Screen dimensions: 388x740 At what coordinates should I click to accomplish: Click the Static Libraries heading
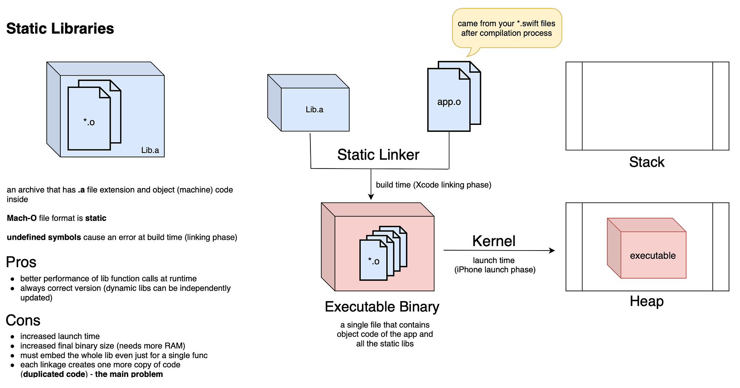[60, 29]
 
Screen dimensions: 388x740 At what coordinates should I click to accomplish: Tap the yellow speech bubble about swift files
[506, 28]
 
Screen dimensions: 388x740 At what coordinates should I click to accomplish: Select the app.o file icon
[449, 101]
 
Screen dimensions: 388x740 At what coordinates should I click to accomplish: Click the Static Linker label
[378, 155]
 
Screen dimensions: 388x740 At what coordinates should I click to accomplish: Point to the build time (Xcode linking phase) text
[433, 185]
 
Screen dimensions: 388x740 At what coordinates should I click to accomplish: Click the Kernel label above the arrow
[494, 241]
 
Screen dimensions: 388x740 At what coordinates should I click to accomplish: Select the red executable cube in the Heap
[647, 248]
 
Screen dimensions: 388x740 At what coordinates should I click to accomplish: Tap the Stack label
[647, 162]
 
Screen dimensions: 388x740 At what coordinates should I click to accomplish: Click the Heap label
[646, 302]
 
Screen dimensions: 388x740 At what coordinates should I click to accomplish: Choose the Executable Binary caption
[382, 307]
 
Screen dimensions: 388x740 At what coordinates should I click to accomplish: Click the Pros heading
[21, 262]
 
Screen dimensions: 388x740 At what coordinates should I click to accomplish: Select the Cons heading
[23, 320]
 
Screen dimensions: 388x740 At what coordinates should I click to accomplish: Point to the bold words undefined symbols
[44, 237]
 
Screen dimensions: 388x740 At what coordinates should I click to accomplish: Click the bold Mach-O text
[21, 218]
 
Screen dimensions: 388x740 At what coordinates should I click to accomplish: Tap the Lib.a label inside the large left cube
[150, 150]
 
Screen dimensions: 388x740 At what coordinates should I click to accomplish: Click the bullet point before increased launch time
[13, 337]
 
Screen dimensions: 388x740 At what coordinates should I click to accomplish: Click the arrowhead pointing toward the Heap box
[552, 251]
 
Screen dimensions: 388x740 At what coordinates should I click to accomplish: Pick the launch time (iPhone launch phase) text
[495, 265]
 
